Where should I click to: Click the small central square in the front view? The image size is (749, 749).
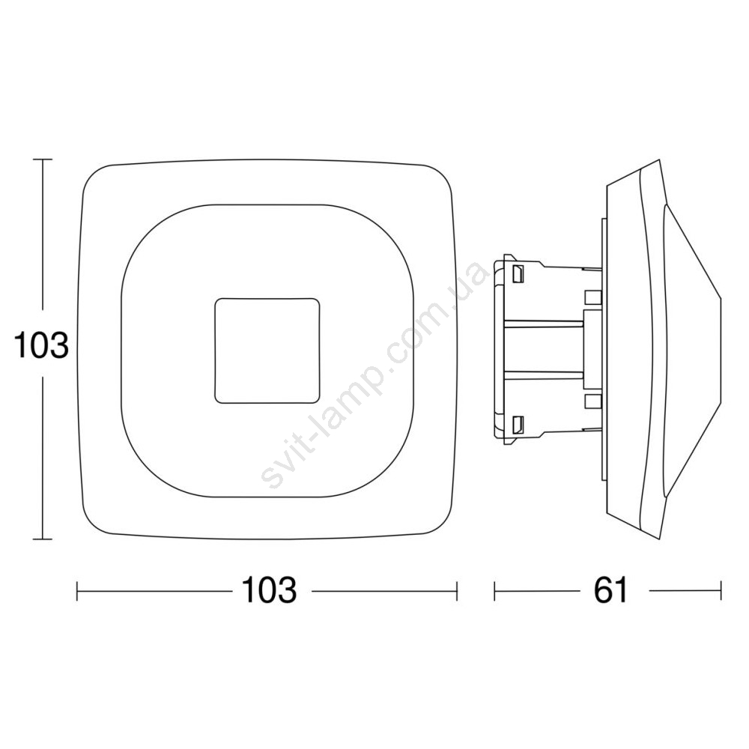point(267,351)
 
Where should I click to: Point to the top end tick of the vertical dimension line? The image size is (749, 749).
point(43,159)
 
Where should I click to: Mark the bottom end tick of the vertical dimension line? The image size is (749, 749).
point(43,539)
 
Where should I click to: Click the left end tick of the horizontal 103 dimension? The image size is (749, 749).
point(77,591)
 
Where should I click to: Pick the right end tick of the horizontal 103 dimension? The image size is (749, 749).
point(457,591)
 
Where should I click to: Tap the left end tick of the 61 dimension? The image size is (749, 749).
point(495,591)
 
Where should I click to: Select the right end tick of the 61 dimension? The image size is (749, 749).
point(721,591)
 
